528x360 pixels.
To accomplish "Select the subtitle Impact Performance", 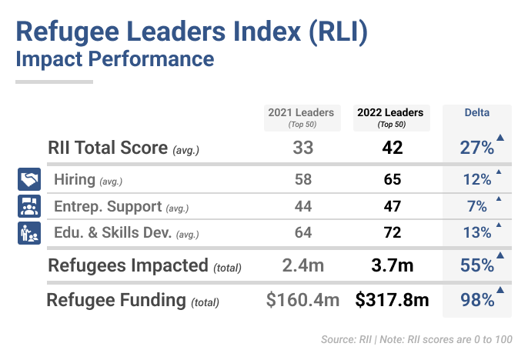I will click(114, 59).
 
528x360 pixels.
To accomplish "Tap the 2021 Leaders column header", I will click(301, 117).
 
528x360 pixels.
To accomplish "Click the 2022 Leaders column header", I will click(390, 117).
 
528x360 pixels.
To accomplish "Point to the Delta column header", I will click(477, 113).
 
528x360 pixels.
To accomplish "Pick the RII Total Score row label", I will click(123, 148).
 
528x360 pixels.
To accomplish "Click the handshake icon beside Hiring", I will click(28, 180).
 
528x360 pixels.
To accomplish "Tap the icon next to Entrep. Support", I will click(28, 206).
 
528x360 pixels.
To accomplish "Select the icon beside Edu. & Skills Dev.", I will click(28, 232).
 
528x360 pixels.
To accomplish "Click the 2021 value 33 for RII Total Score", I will click(302, 148).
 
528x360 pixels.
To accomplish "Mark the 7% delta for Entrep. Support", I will click(477, 206).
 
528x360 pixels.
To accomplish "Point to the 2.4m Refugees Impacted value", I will click(302, 266).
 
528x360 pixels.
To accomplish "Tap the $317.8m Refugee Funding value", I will click(392, 300).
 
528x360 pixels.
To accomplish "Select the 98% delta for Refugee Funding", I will click(477, 300).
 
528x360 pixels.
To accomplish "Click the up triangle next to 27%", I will click(500, 138).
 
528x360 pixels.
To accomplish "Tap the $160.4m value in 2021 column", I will click(302, 300).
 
